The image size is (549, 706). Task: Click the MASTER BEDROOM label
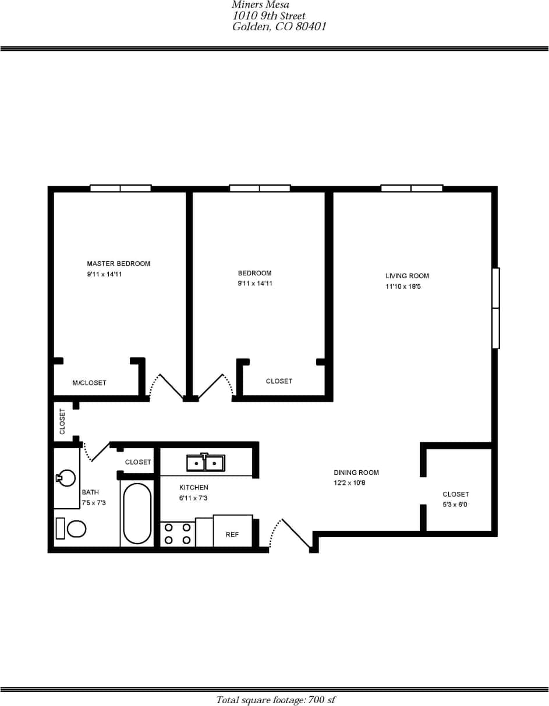pyautogui.click(x=118, y=264)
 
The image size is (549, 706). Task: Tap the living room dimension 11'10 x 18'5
pyautogui.click(x=403, y=286)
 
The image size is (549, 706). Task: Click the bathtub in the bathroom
pyautogui.click(x=137, y=513)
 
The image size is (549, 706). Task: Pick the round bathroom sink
pyautogui.click(x=67, y=478)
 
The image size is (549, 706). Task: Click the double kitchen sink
pyautogui.click(x=206, y=463)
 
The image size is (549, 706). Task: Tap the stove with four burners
pyautogui.click(x=178, y=534)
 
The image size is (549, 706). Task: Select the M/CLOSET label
pyautogui.click(x=89, y=383)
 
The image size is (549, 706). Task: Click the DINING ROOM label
pyautogui.click(x=356, y=473)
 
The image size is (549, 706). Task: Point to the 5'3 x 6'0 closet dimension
pyautogui.click(x=455, y=505)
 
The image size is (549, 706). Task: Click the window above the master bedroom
pyautogui.click(x=121, y=188)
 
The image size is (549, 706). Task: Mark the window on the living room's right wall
pyautogui.click(x=495, y=308)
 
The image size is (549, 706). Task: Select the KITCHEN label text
pyautogui.click(x=193, y=488)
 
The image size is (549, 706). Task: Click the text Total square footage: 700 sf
pyautogui.click(x=275, y=700)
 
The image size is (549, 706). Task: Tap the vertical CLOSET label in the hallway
pyautogui.click(x=62, y=421)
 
